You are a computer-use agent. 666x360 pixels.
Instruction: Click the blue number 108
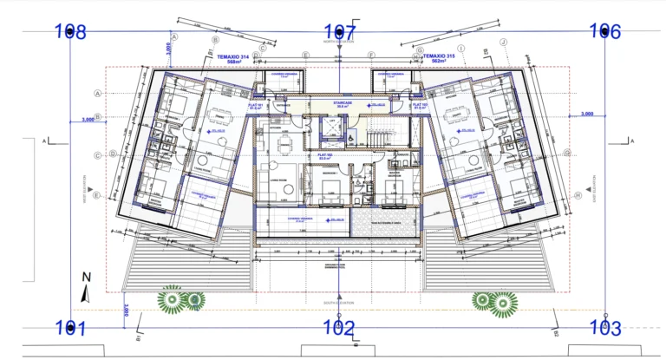70,32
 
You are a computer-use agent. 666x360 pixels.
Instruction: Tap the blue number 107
339,32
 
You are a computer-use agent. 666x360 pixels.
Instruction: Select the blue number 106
605,31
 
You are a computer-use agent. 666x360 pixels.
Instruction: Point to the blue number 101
70,328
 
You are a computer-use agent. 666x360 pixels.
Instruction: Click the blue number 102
338,328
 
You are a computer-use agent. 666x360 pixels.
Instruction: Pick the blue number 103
604,328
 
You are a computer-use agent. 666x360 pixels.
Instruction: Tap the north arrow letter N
86,278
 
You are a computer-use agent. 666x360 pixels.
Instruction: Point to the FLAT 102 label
327,156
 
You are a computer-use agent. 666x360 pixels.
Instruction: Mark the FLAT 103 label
422,106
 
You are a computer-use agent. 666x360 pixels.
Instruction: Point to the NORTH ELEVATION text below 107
339,42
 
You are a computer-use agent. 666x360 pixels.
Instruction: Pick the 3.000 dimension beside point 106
586,114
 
